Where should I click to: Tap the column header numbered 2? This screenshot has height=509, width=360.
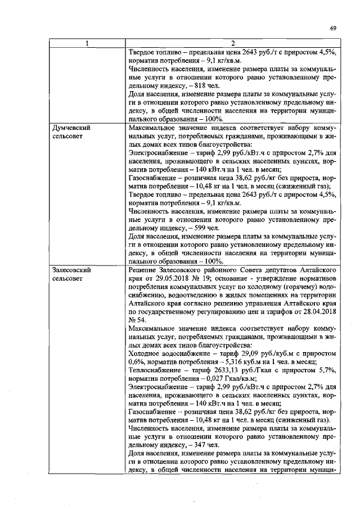(x=232, y=44)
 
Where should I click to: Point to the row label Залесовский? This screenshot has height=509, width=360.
(x=71, y=270)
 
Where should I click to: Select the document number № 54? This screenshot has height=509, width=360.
(x=136, y=319)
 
